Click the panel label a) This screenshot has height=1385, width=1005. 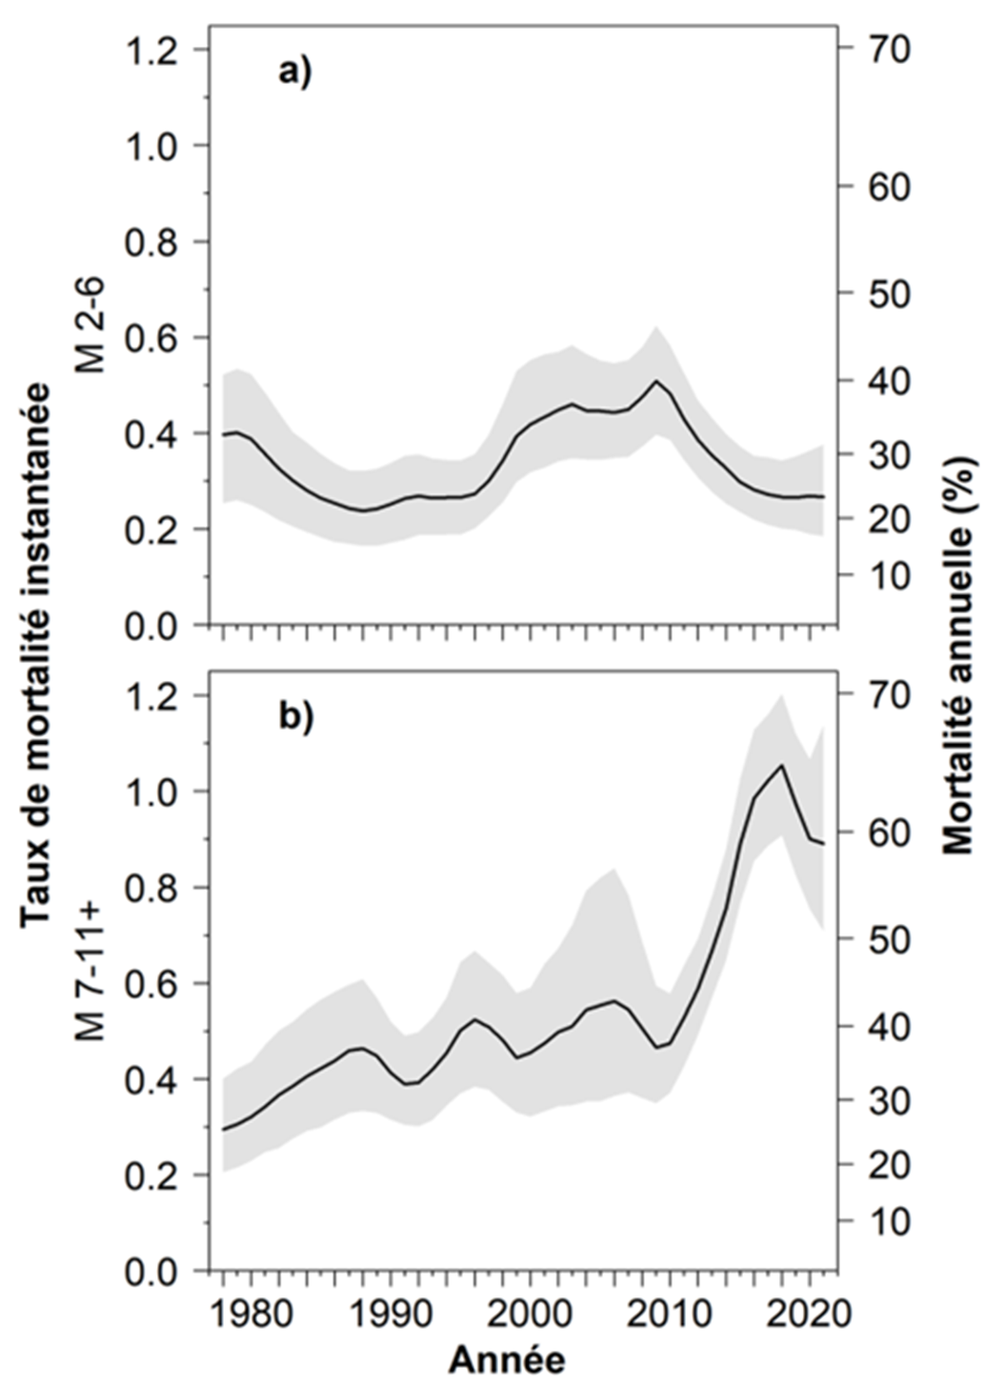pos(294,72)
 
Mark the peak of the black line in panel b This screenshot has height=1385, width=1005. pos(782,765)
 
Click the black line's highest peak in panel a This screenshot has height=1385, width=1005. pos(656,381)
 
